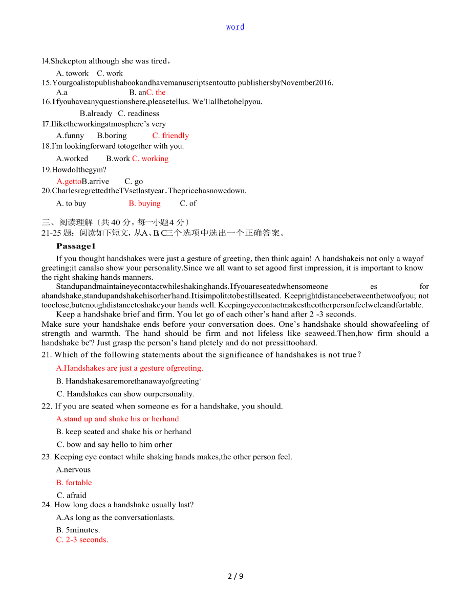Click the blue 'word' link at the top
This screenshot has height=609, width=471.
(x=235, y=27)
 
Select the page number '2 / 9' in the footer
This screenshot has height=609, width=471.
(x=235, y=576)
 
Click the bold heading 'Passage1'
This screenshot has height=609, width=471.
(x=76, y=246)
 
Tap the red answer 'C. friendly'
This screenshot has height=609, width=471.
(x=170, y=136)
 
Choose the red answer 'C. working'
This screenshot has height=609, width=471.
(x=150, y=159)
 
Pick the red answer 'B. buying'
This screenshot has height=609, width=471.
(x=144, y=204)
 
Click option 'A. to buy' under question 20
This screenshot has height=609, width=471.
(x=71, y=204)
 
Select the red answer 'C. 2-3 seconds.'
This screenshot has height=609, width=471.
(x=82, y=540)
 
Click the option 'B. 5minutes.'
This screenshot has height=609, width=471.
(x=78, y=530)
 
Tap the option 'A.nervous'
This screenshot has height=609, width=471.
(x=73, y=470)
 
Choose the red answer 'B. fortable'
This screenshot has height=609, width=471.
(x=74, y=483)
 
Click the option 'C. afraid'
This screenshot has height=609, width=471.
(x=72, y=495)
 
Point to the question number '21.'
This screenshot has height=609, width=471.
(x=47, y=355)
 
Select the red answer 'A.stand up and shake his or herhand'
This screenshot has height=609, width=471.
(x=117, y=419)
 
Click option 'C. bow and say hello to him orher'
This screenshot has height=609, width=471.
(x=114, y=445)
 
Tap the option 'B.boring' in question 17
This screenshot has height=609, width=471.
(x=112, y=136)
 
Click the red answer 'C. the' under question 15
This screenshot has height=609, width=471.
(x=156, y=93)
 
